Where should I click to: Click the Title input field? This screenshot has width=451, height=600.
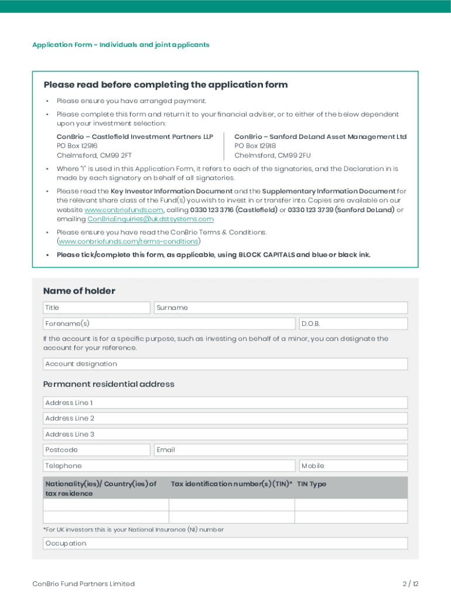pyautogui.click(x=97, y=308)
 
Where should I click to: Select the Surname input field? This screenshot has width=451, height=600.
pyautogui.click(x=281, y=308)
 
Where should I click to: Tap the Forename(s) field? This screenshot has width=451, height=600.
pyautogui.click(x=169, y=323)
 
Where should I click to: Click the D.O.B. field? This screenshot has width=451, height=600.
pyautogui.click(x=353, y=323)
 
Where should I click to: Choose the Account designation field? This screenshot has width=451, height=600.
pyautogui.click(x=225, y=364)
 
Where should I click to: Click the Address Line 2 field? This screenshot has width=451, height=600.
pyautogui.click(x=225, y=418)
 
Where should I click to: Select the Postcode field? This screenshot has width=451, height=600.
pyautogui.click(x=97, y=450)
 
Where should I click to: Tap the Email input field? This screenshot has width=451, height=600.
pyautogui.click(x=281, y=450)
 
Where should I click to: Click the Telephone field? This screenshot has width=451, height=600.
pyautogui.click(x=169, y=466)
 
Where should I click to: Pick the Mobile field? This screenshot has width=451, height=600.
pyautogui.click(x=353, y=466)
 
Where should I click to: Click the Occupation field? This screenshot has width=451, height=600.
pyautogui.click(x=225, y=543)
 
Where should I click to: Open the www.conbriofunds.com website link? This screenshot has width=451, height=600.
pyautogui.click(x=124, y=210)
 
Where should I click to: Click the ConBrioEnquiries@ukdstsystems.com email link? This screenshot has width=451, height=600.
pyautogui.click(x=151, y=219)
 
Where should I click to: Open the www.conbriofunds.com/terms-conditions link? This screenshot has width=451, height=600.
pyautogui.click(x=128, y=241)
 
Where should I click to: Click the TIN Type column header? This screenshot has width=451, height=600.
pyautogui.click(x=312, y=484)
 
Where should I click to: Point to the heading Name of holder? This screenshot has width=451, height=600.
pyautogui.click(x=79, y=291)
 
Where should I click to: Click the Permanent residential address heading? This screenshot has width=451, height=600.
pyautogui.click(x=109, y=384)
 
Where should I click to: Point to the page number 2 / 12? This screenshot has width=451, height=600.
pyautogui.click(x=411, y=584)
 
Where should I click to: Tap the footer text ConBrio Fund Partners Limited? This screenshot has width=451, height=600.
pyautogui.click(x=83, y=584)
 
